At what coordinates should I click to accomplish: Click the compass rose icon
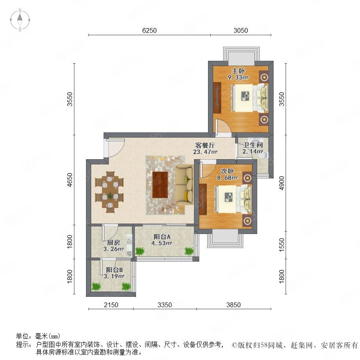point(20,20)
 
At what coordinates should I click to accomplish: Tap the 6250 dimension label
point(150,30)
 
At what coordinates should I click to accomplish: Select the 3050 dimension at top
point(241,30)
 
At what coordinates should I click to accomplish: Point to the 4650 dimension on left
point(70,180)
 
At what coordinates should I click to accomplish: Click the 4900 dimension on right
point(282,183)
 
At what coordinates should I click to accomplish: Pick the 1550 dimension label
point(282,245)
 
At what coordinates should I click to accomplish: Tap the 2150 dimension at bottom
point(111,305)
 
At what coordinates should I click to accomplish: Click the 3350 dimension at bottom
point(165,305)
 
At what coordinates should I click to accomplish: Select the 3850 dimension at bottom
point(234,305)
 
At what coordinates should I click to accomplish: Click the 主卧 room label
point(238,71)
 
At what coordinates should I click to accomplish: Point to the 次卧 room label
point(227,171)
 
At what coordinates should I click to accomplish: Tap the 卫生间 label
point(253,145)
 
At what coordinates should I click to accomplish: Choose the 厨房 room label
point(114,242)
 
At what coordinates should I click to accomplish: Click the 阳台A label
point(162,236)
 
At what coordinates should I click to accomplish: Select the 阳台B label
point(114,270)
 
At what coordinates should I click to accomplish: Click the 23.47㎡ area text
point(205,152)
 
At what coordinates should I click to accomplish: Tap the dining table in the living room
point(110,192)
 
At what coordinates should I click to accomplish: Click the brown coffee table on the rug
point(160,185)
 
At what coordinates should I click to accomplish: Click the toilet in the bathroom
point(264,156)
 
